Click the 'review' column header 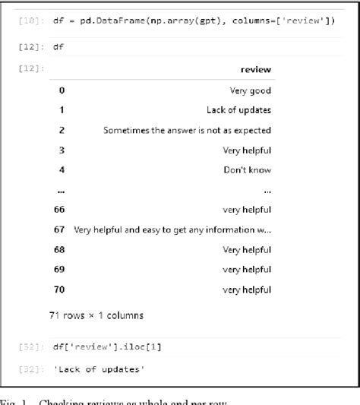pyautogui.click(x=255, y=70)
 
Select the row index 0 pyautogui.click(x=62, y=90)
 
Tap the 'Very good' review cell pyautogui.click(x=251, y=90)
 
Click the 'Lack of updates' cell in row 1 pyautogui.click(x=238, y=110)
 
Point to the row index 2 pyautogui.click(x=62, y=130)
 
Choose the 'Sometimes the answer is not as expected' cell pyautogui.click(x=188, y=130)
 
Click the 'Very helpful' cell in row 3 pyautogui.click(x=247, y=150)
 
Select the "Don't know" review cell pyautogui.click(x=248, y=169)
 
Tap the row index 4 pyautogui.click(x=62, y=169)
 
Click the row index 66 pyautogui.click(x=59, y=209)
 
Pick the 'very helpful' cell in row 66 pyautogui.click(x=247, y=209)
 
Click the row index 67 pyautogui.click(x=59, y=229)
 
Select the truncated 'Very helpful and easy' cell pyautogui.click(x=173, y=229)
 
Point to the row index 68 pyautogui.click(x=59, y=249)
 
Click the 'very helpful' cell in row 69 pyautogui.click(x=247, y=269)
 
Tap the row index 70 pyautogui.click(x=59, y=289)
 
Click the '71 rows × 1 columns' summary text pyautogui.click(x=96, y=315)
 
